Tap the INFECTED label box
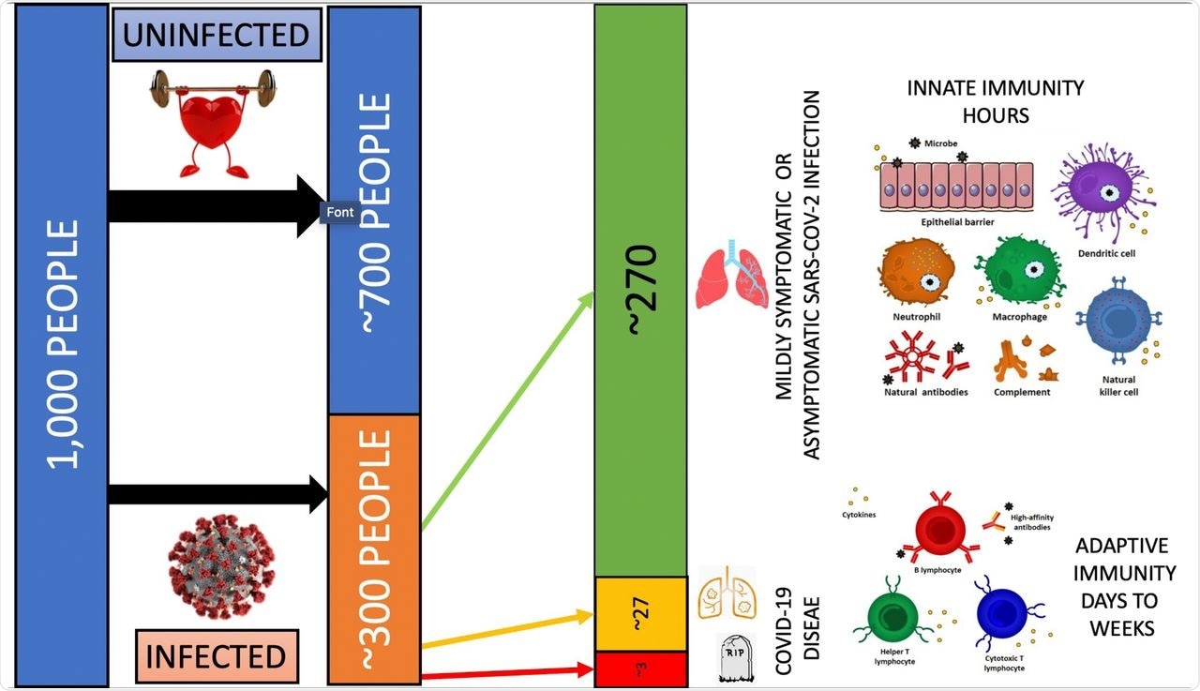(217, 653)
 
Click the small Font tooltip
(339, 213)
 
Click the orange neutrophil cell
(916, 272)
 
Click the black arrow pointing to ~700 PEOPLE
(216, 205)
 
